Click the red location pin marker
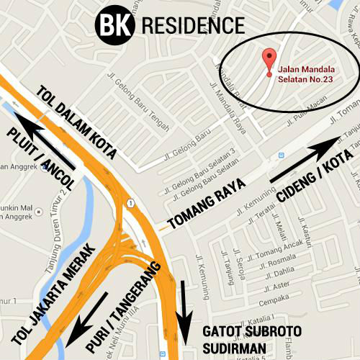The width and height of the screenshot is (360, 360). tap(269, 60)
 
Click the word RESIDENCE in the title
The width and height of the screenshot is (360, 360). tap(194, 26)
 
